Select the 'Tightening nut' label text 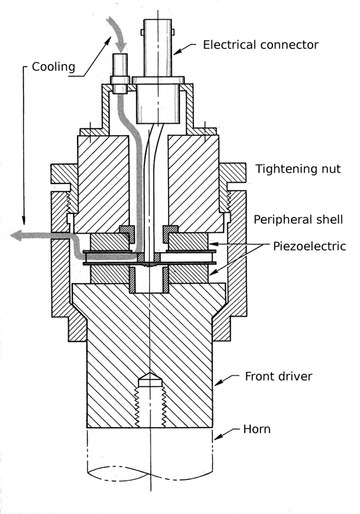pos(293,169)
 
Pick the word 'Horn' pos(257,429)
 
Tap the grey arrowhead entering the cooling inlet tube pos(122,45)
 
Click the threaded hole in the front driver pos(151,402)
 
